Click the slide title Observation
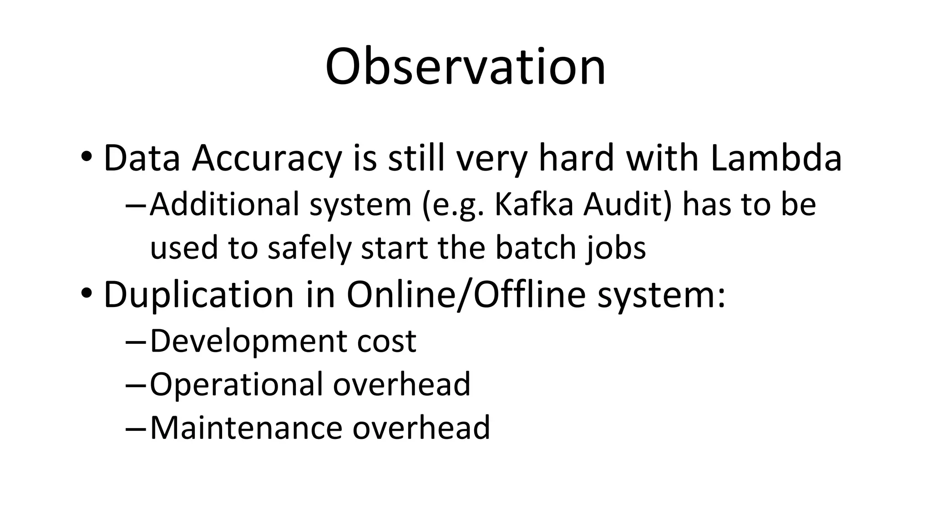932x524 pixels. tap(465, 67)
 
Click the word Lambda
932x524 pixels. tap(775, 158)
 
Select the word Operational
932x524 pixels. tap(236, 384)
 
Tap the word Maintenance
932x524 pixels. tap(246, 428)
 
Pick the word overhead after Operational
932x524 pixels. tap(401, 384)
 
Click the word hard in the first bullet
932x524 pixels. tap(576, 158)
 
